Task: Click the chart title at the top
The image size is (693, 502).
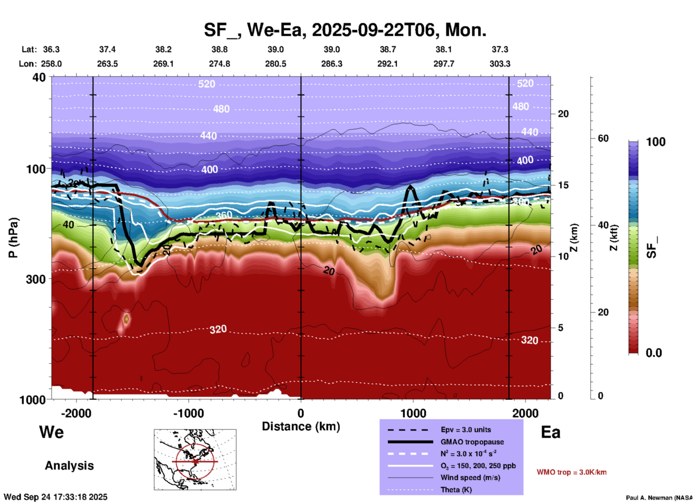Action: pyautogui.click(x=345, y=30)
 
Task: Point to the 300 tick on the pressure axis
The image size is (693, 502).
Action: pyautogui.click(x=36, y=279)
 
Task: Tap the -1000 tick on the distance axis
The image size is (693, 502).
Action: pyautogui.click(x=188, y=413)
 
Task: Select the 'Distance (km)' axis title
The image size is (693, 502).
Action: pyautogui.click(x=301, y=426)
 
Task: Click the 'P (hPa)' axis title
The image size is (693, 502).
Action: pyautogui.click(x=13, y=238)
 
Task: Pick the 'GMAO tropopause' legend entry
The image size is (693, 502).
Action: pyautogui.click(x=472, y=442)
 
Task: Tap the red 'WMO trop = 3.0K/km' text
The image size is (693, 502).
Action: pyautogui.click(x=571, y=472)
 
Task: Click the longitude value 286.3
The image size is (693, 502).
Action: pyautogui.click(x=331, y=64)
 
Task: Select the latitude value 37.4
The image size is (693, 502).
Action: pyautogui.click(x=107, y=49)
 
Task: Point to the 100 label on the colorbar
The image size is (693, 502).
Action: pyautogui.click(x=656, y=142)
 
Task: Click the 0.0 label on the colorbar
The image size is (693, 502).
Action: pyautogui.click(x=654, y=353)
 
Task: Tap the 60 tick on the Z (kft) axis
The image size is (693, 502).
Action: pyautogui.click(x=603, y=138)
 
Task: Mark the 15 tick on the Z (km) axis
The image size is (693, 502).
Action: pyautogui.click(x=563, y=185)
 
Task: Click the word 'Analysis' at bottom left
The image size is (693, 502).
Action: pyautogui.click(x=69, y=466)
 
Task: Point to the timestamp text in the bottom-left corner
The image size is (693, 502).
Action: pyautogui.click(x=55, y=497)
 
